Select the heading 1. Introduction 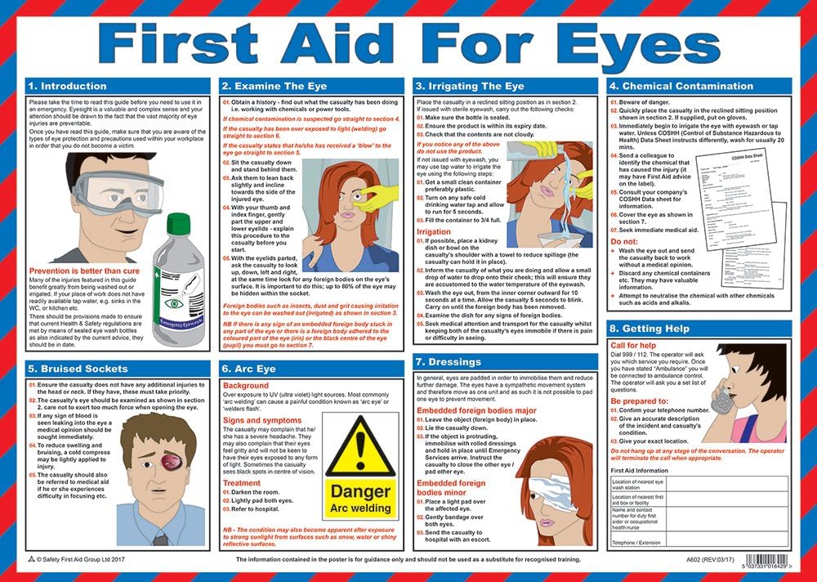coord(65,86)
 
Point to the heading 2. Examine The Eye coord(274,86)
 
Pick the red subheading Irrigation coord(434,232)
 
